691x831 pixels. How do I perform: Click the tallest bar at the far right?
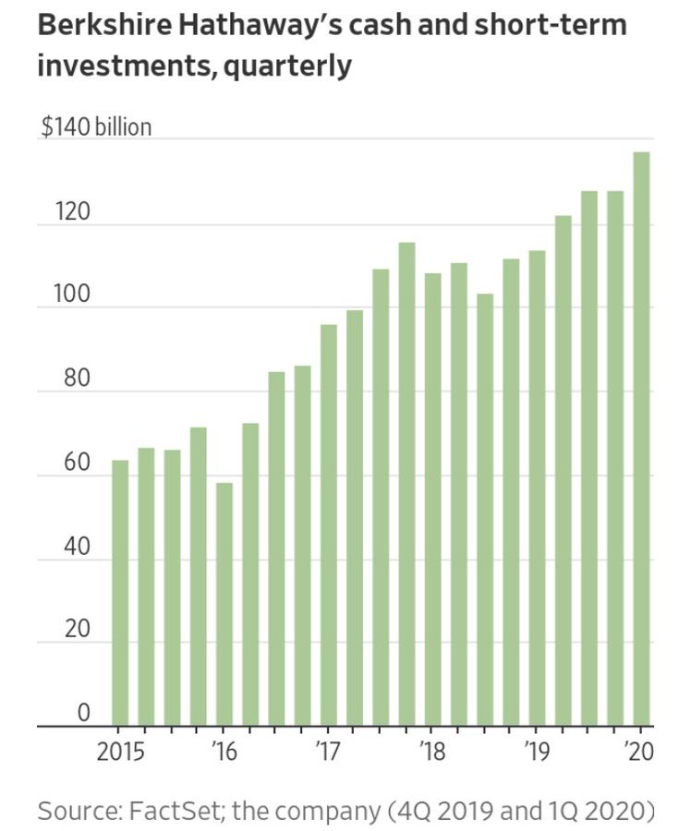641,439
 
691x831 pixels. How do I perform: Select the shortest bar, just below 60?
224,604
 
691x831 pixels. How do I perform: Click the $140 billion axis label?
96,126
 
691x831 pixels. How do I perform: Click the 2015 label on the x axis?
121,750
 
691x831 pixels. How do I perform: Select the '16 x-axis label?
224,750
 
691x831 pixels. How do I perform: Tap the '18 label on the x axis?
430,750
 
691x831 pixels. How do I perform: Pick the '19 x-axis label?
534,750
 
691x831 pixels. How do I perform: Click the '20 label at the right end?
638,750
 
